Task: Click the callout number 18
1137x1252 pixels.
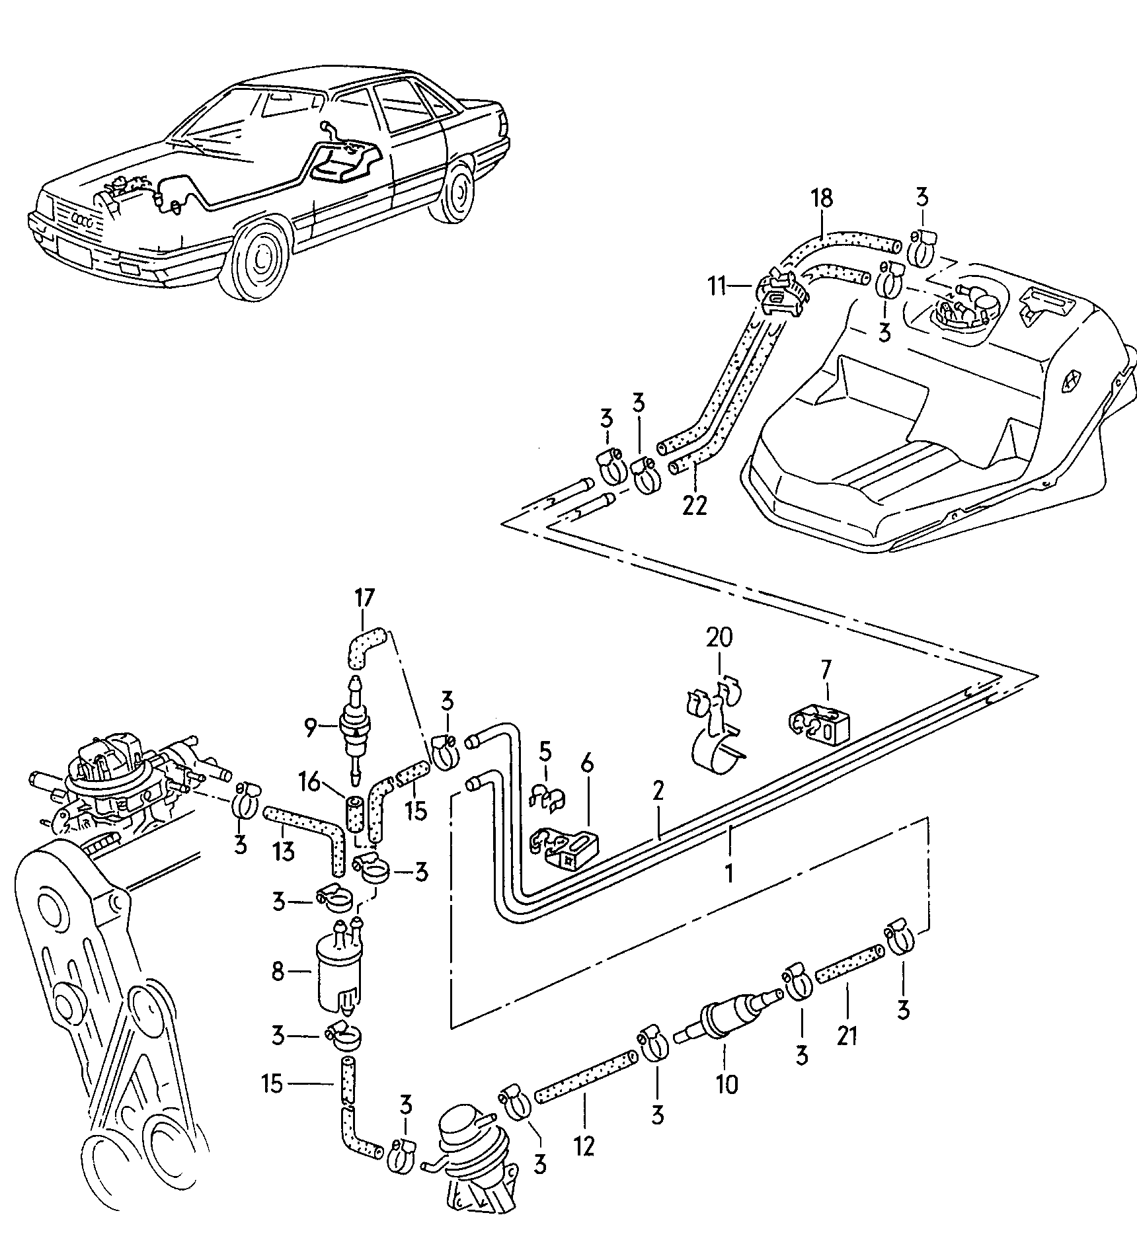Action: click(822, 199)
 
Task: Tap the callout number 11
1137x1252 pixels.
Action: click(719, 287)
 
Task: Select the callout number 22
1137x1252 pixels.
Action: click(695, 505)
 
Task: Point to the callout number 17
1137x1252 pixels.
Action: click(364, 599)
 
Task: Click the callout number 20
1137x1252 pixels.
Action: click(719, 638)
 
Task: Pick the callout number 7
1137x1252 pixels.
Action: click(826, 672)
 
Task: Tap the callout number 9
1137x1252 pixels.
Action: click(310, 728)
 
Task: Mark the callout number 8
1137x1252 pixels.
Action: click(278, 971)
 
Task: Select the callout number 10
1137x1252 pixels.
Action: click(726, 1085)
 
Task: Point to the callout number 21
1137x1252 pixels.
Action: click(847, 1036)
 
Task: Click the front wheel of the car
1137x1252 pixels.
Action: click(260, 254)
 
